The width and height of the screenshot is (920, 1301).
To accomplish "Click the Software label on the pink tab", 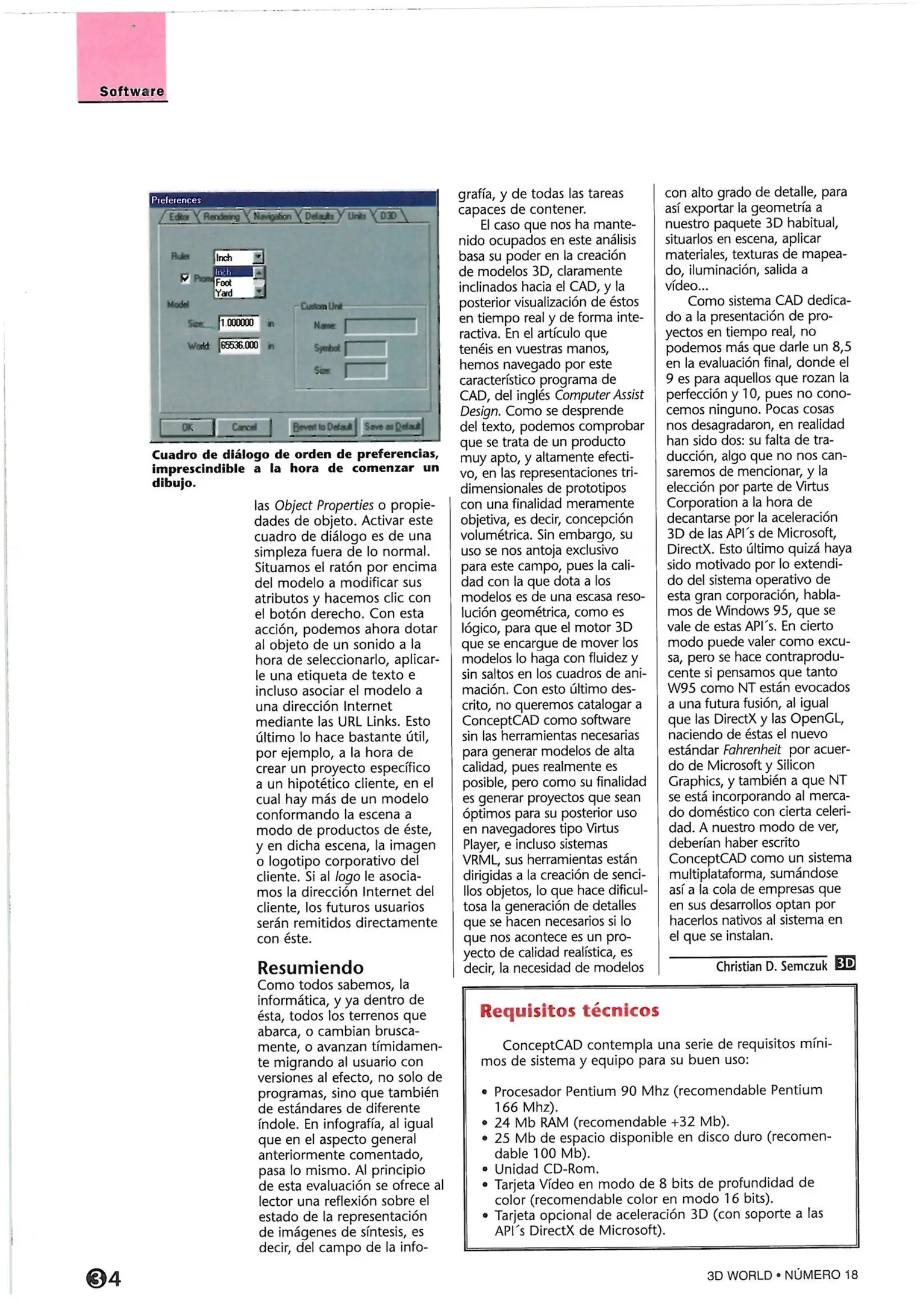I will [x=131, y=92].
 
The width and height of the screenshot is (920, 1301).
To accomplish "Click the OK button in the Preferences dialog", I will [x=187, y=427].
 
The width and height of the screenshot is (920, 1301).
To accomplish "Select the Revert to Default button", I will [x=322, y=427].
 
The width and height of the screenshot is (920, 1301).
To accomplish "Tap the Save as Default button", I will [x=393, y=426].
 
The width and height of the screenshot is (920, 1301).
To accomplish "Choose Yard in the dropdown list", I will [x=224, y=293].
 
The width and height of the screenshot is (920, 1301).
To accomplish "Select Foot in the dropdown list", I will [x=224, y=282].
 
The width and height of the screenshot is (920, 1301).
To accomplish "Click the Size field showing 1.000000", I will [x=238, y=323].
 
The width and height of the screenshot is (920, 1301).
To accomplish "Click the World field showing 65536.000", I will [x=239, y=345].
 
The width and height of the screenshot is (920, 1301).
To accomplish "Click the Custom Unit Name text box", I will [x=380, y=326].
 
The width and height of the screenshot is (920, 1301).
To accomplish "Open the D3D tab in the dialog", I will [x=389, y=216].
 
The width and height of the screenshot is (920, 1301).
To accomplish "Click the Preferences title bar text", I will [x=176, y=200].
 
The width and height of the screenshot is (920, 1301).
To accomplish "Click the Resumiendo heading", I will [x=310, y=967].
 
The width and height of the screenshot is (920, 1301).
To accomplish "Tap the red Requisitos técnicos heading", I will [x=569, y=1010].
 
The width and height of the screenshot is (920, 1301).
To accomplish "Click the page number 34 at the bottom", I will [x=104, y=1278].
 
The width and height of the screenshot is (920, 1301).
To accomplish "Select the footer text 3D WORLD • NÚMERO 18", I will [x=781, y=1274].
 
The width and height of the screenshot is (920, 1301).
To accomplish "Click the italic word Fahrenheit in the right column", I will [x=751, y=750].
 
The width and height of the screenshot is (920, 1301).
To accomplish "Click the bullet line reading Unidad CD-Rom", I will [x=546, y=1169].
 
